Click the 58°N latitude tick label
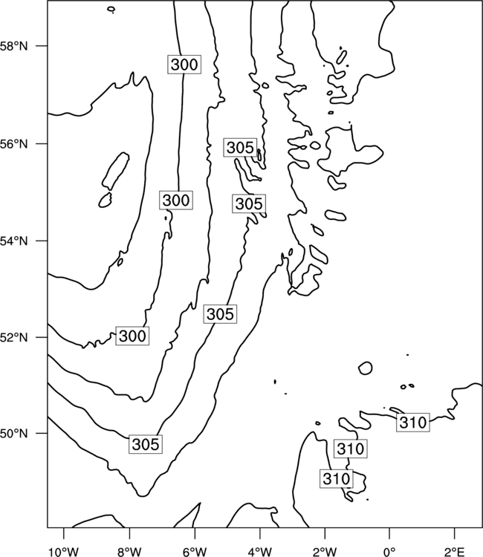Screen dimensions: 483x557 (13, 46)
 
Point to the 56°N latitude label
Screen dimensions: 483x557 (13, 144)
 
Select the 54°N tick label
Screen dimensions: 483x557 (13, 241)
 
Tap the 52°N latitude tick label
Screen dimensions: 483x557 (13, 337)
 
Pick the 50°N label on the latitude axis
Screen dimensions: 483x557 (13, 434)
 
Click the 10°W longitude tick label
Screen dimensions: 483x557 (64, 552)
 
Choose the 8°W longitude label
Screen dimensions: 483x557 (129, 552)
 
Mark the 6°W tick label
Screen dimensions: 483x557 (195, 552)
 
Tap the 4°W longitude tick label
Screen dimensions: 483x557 (259, 552)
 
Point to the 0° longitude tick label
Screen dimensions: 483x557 (389, 552)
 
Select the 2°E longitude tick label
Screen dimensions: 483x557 (455, 552)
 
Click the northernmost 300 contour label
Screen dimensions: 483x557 (184, 65)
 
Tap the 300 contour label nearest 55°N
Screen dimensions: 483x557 (176, 201)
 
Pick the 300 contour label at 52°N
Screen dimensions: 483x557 (132, 336)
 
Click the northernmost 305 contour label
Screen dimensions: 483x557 (241, 148)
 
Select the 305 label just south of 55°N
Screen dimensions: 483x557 (249, 204)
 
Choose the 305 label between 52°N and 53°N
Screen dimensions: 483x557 (221, 314)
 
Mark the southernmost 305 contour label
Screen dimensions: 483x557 (146, 444)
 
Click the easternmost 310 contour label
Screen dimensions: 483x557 (413, 423)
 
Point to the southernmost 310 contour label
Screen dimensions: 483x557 (336, 478)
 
